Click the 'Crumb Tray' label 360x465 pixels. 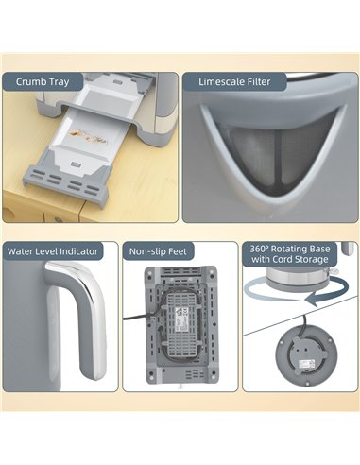tap(48, 82)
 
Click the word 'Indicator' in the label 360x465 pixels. tap(83, 251)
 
